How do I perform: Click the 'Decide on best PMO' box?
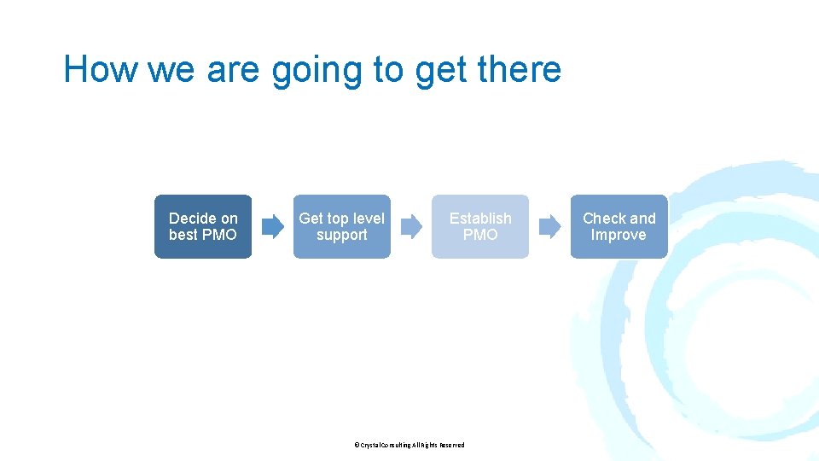pos(203,226)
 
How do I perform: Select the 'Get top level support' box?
pos(341,226)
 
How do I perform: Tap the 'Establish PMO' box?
pos(480,226)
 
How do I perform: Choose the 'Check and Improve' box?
pos(619,226)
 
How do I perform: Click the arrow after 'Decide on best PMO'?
pos(272,226)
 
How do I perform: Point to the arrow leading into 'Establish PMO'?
pos(411,226)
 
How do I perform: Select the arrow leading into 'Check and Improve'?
pos(550,226)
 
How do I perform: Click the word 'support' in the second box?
pos(341,235)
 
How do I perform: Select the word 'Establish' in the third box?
pos(480,219)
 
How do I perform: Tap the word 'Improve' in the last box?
pos(619,235)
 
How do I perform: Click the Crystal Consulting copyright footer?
pos(409,445)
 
